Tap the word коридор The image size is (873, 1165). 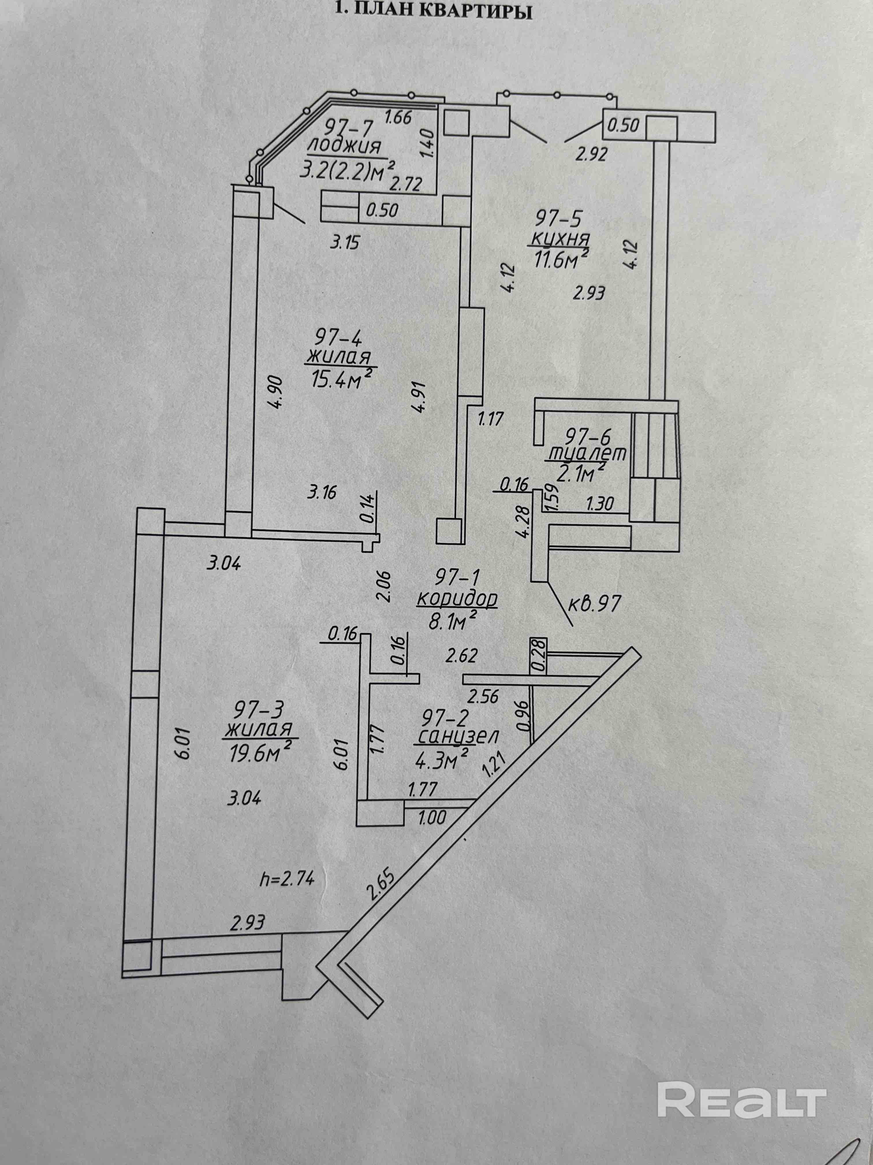coord(457,599)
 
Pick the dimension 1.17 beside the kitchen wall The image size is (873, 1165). coord(490,420)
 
